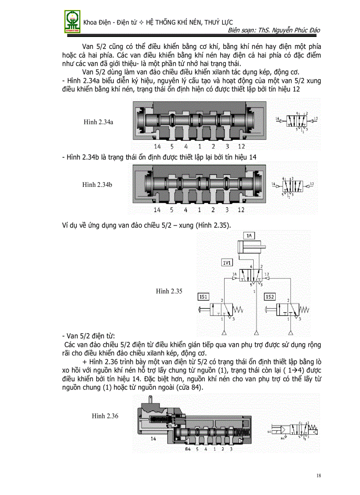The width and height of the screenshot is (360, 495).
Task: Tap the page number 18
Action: tap(319, 476)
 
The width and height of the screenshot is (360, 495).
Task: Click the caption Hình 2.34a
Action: tap(98, 122)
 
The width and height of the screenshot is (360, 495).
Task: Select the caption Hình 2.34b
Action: tap(97, 185)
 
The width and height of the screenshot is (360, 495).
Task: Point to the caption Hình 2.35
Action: tap(169, 291)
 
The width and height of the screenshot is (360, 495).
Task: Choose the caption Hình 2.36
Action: tap(105, 416)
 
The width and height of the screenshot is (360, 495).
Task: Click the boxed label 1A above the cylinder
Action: tap(249, 236)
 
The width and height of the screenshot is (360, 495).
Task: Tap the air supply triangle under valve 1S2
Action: tap(289, 331)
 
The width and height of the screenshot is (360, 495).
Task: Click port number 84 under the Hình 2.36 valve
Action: tap(187, 449)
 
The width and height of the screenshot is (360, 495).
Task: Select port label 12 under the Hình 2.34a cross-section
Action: tap(241, 146)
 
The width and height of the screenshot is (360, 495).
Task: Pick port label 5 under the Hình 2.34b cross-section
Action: tap(172, 209)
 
